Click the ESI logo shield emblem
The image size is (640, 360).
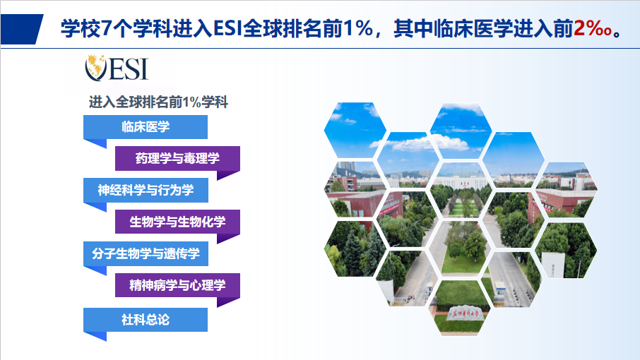pos(95,68)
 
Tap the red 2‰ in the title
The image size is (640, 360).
pos(592,28)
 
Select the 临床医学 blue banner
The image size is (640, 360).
pos(146,127)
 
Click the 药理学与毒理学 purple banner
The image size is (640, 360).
pos(177,158)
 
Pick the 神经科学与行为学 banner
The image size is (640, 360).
pos(146,190)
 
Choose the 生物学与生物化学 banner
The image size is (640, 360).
pos(177,222)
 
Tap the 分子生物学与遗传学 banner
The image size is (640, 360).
pos(146,253)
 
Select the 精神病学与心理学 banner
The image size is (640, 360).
pos(177,285)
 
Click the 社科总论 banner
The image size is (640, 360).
pos(146,320)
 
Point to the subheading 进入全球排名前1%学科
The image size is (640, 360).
pos(158,102)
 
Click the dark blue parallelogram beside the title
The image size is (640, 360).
pos(22,29)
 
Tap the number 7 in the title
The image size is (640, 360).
pos(106,28)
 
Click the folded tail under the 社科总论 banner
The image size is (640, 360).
pos(95,336)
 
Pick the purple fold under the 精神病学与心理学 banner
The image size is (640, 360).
pos(228,301)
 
